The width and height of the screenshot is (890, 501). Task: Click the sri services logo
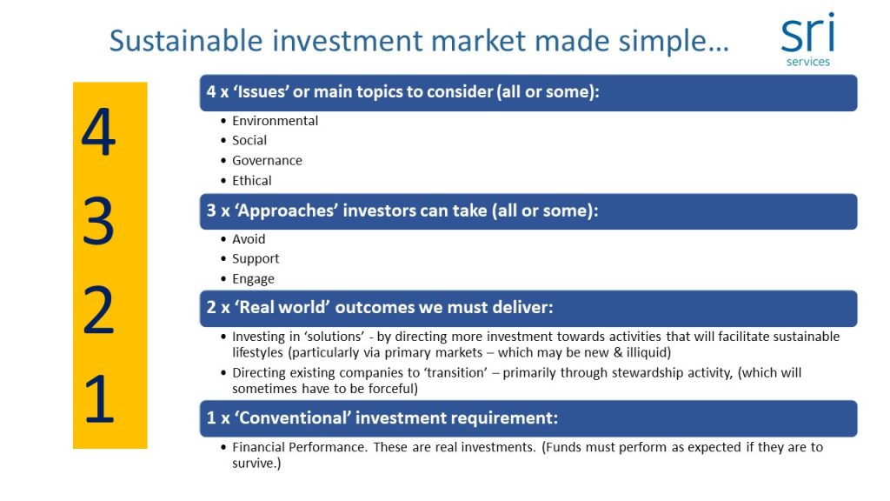point(808,40)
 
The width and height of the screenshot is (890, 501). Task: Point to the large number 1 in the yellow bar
point(98,398)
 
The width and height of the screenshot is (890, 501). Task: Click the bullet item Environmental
point(275,121)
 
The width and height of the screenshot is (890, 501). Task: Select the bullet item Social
point(249,140)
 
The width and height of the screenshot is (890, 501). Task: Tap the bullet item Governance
point(267,161)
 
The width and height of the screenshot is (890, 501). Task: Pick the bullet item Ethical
point(251,181)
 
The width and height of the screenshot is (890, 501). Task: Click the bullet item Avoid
point(249,239)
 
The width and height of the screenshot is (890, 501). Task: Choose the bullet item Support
point(256,259)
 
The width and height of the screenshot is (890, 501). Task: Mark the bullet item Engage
point(253,279)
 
